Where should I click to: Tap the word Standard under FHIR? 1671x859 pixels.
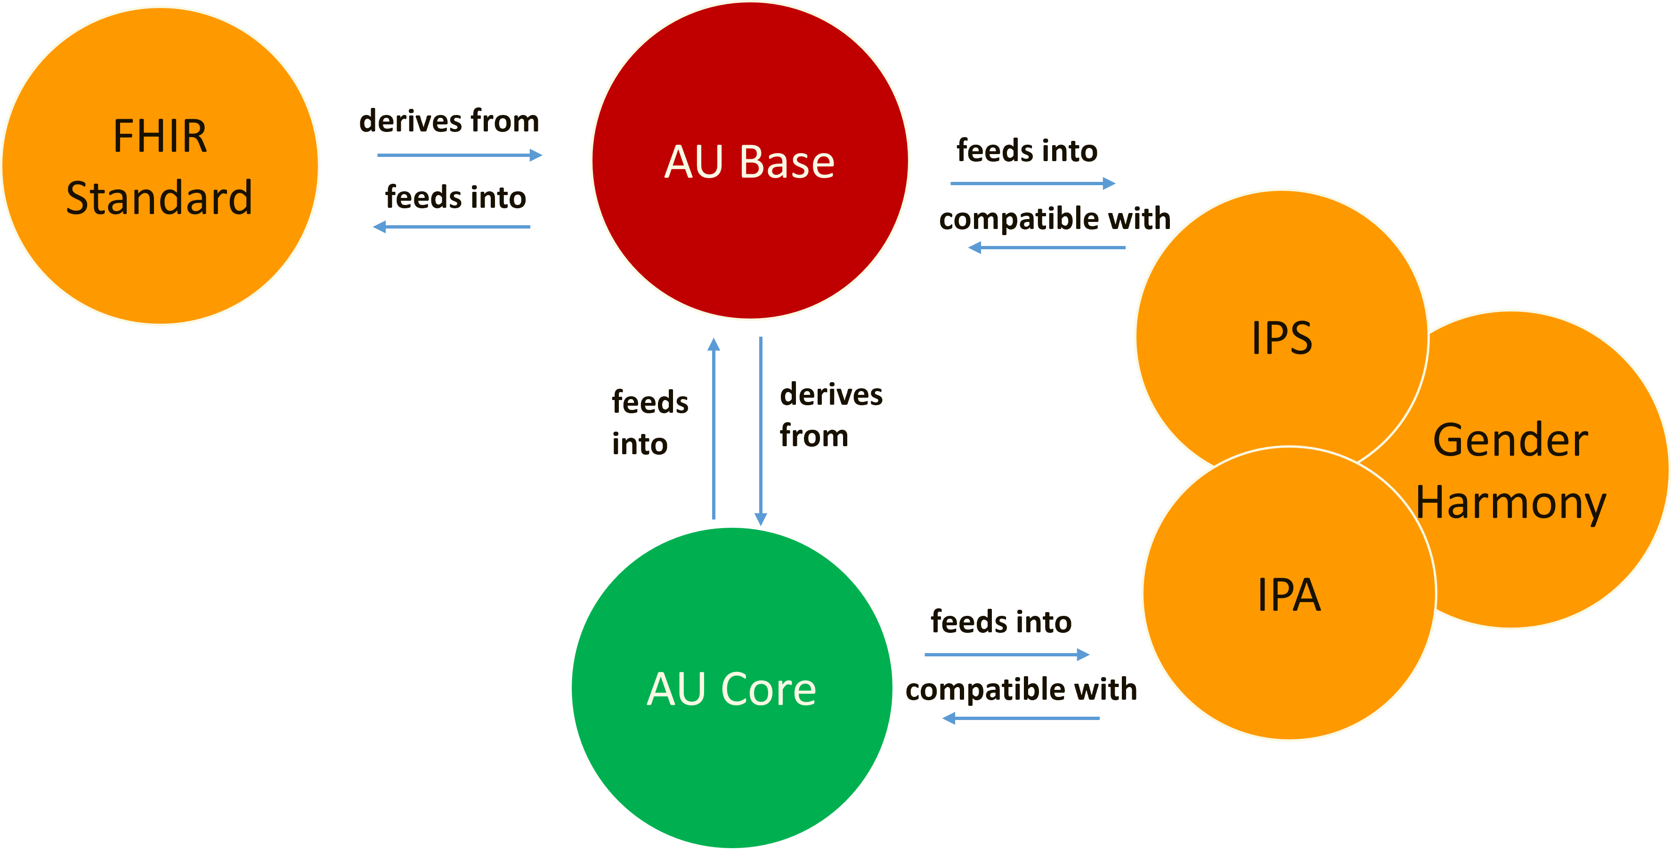click(x=160, y=198)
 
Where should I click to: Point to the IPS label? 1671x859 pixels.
click(x=1282, y=337)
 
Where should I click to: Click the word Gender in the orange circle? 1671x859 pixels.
click(x=1510, y=441)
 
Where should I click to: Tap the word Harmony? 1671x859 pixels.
click(x=1510, y=503)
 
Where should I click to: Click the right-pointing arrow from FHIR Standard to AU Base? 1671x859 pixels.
click(x=459, y=155)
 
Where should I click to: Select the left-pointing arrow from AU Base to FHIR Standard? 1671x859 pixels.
click(x=452, y=227)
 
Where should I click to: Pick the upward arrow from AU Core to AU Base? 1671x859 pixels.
click(x=714, y=428)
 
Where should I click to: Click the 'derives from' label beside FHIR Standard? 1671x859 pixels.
click(x=449, y=121)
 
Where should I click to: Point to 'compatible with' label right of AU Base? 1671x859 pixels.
click(x=1055, y=219)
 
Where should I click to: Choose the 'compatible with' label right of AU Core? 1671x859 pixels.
click(x=1021, y=689)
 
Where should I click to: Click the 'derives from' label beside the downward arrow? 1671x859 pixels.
click(x=830, y=415)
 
